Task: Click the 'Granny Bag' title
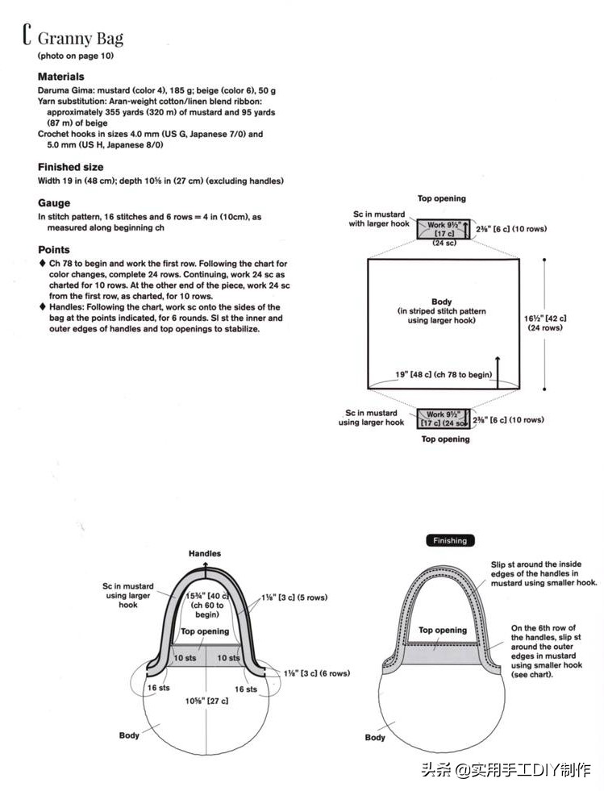(x=80, y=38)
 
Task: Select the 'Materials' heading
(x=60, y=77)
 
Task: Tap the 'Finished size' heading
(x=70, y=167)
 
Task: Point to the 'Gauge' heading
(x=54, y=203)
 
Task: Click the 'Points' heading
(x=54, y=250)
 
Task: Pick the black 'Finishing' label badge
(x=450, y=540)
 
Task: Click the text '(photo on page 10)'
(x=76, y=56)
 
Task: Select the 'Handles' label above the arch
(x=205, y=554)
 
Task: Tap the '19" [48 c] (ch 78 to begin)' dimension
(x=444, y=374)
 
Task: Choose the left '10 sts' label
(x=185, y=658)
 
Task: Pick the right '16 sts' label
(x=246, y=689)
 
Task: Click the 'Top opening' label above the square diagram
(x=441, y=198)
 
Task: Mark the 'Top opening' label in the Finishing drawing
(x=443, y=630)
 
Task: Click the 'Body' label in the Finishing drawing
(x=375, y=738)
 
